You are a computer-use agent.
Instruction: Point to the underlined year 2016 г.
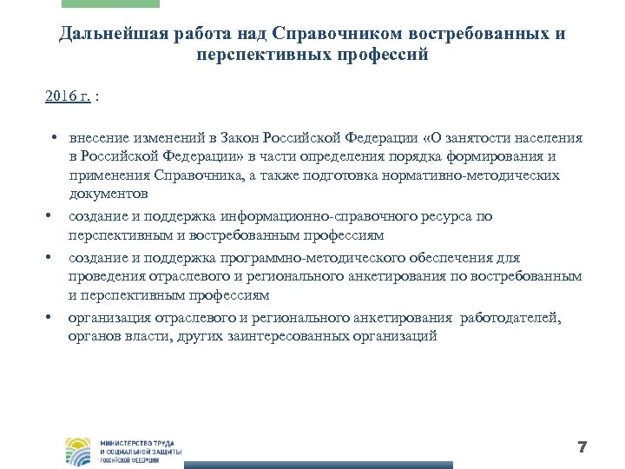68,96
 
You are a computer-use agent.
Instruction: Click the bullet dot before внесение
54,138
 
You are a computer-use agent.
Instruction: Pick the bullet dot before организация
54,318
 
